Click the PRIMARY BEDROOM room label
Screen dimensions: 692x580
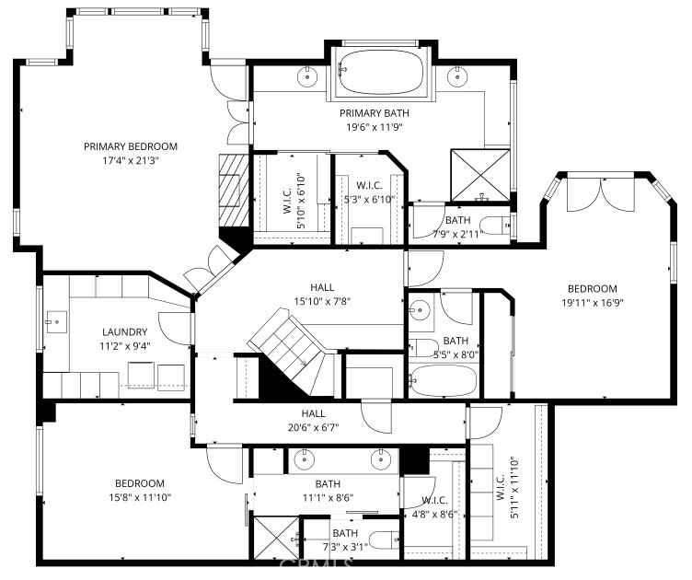point(131,146)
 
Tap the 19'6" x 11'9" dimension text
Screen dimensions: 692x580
point(375,128)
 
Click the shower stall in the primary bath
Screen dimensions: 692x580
point(480,175)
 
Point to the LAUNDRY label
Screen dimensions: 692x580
point(125,332)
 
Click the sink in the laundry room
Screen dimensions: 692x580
point(56,322)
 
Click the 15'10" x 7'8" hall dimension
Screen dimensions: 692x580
point(322,301)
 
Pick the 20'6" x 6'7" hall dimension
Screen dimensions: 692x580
point(314,427)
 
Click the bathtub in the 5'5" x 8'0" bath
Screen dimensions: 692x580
point(444,380)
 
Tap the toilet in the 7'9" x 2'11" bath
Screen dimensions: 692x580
point(495,226)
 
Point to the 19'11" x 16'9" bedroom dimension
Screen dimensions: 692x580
point(593,303)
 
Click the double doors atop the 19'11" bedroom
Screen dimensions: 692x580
point(601,193)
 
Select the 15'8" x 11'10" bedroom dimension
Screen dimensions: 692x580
point(140,497)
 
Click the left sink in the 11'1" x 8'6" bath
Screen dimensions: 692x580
point(304,460)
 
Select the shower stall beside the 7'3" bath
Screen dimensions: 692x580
point(277,537)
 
